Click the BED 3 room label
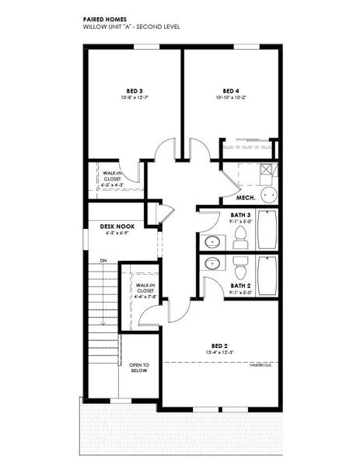click(x=134, y=90)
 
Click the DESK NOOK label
click(x=117, y=225)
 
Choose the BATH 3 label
click(x=239, y=214)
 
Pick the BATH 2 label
click(x=239, y=286)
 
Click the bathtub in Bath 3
click(x=267, y=230)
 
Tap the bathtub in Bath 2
click(x=267, y=276)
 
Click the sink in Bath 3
click(x=211, y=242)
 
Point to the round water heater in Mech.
click(x=267, y=195)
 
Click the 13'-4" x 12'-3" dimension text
click(x=220, y=353)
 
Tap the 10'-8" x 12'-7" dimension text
click(x=134, y=97)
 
